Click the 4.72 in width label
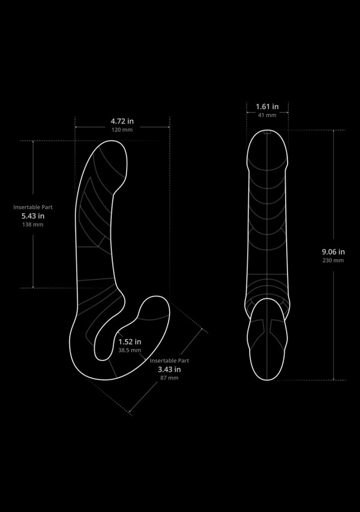point(122,121)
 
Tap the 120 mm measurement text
point(122,130)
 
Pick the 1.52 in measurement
point(130,342)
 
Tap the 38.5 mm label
point(130,350)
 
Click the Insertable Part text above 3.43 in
point(169,360)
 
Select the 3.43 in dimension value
point(169,369)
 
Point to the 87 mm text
point(169,378)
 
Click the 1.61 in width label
point(266,106)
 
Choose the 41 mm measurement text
point(266,115)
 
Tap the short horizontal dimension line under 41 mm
point(267,112)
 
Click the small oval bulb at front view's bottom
point(267,342)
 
